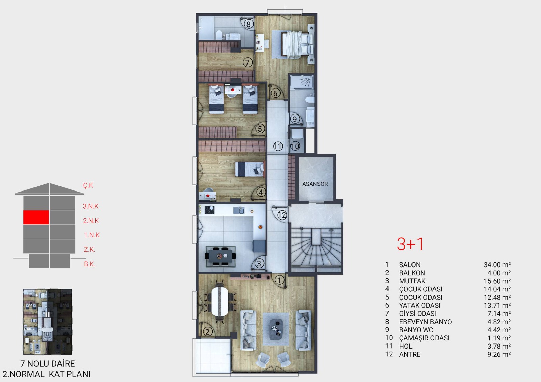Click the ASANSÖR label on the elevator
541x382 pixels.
315,184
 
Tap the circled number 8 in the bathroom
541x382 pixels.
248,24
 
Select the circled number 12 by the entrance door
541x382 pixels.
282,215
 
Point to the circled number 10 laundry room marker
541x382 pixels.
295,146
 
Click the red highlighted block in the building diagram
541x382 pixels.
36,217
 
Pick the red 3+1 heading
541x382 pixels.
410,244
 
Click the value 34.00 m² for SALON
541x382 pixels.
497,265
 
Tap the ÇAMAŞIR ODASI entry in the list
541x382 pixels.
424,338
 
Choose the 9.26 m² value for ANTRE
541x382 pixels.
499,354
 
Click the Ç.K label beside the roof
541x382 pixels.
88,185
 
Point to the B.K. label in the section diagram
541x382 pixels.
89,264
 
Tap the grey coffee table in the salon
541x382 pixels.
276,329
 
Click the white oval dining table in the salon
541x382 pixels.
219,301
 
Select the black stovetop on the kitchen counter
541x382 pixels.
209,210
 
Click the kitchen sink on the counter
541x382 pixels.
239,210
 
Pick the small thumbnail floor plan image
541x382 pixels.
48,322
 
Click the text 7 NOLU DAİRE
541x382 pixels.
48,363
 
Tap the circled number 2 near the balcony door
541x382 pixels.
208,332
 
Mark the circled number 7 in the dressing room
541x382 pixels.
248,63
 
